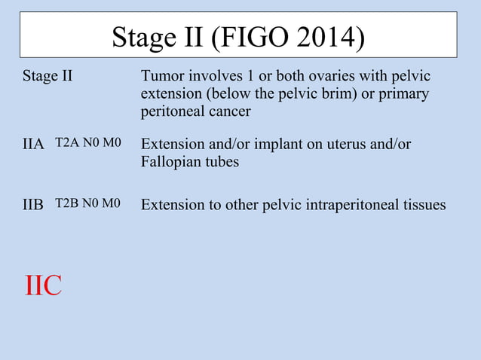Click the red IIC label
click(43, 286)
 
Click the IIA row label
click(33, 144)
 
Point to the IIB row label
click(33, 204)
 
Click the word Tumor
click(162, 77)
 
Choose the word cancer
click(228, 111)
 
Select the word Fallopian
click(172, 161)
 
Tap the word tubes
click(222, 161)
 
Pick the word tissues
click(422, 204)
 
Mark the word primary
click(404, 94)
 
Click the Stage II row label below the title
click(47, 77)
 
